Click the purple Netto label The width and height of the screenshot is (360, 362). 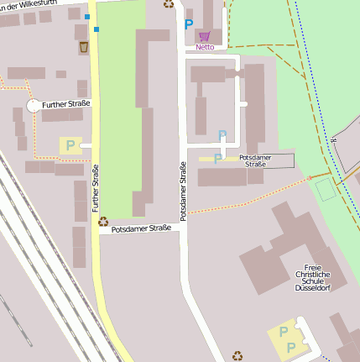click(205, 48)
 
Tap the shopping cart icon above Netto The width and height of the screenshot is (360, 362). click(205, 36)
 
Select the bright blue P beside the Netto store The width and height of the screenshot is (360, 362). click(188, 25)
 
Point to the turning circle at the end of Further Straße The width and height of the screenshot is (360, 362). click(34, 107)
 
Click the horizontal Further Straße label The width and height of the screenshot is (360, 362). click(65, 103)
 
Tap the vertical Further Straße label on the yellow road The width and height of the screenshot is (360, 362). click(96, 187)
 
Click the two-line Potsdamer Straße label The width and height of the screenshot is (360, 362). click(255, 161)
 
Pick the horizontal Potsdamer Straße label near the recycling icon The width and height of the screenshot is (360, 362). click(141, 228)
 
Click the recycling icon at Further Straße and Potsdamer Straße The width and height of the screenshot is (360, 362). click(103, 223)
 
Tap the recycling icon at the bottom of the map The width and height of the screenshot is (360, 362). click(237, 355)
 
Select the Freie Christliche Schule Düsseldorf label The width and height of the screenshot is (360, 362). click(312, 275)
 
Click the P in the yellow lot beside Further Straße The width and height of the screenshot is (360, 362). click(69, 145)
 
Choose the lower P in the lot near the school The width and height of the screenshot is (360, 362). click(290, 347)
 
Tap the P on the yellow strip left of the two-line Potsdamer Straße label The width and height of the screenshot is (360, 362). click(218, 158)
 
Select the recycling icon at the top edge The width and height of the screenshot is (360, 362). click(169, 3)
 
